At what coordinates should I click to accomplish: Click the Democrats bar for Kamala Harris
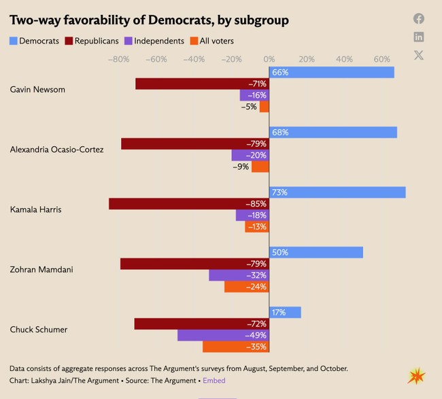pyautogui.click(x=337, y=192)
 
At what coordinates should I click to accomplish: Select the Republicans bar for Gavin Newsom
pyautogui.click(x=202, y=84)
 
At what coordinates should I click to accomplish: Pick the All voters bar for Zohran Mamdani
pyautogui.click(x=247, y=287)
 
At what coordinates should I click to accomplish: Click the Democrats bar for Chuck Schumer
pyautogui.click(x=285, y=313)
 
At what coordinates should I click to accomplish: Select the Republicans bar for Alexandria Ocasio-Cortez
pyautogui.click(x=195, y=144)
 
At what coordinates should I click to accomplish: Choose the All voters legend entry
pyautogui.click(x=211, y=41)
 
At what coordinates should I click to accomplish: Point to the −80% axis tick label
pyautogui.click(x=119, y=59)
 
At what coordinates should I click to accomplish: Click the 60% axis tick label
pyautogui.click(x=381, y=59)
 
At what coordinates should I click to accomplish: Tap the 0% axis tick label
pyautogui.click(x=269, y=59)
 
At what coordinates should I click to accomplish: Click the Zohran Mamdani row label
pyautogui.click(x=41, y=269)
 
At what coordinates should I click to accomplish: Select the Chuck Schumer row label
pyautogui.click(x=39, y=330)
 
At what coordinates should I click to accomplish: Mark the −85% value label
pyautogui.click(x=256, y=204)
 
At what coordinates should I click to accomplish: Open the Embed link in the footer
pyautogui.click(x=215, y=381)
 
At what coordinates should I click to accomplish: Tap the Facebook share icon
pyautogui.click(x=419, y=19)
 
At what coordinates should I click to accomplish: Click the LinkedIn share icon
pyautogui.click(x=419, y=37)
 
